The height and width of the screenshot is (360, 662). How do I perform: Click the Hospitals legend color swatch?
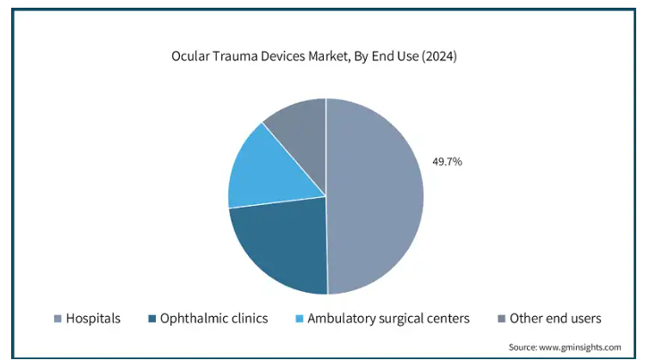(58, 319)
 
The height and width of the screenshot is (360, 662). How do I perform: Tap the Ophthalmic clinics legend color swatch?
(152, 319)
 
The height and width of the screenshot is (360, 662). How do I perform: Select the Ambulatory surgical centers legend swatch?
(299, 319)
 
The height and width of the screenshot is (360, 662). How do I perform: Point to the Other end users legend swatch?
(500, 319)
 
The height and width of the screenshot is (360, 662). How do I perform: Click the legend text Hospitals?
(93, 319)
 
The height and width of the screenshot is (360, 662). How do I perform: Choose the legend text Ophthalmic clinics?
(214, 319)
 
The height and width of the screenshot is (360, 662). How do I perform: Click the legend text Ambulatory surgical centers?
(389, 319)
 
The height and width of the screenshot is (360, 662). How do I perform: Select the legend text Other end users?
(555, 319)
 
